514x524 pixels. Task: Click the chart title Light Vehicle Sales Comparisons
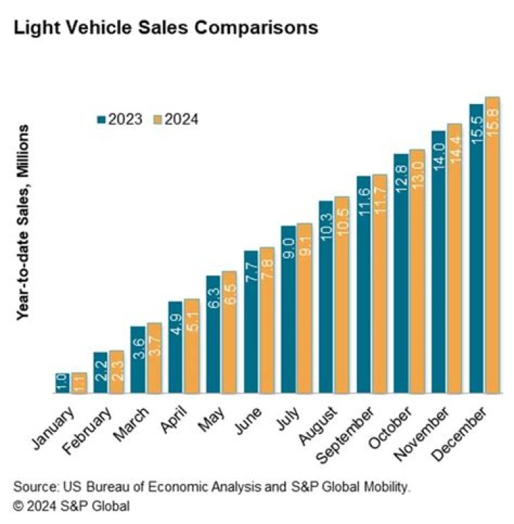pyautogui.click(x=166, y=27)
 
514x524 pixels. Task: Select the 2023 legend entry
pyautogui.click(x=120, y=119)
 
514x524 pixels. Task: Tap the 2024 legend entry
pyautogui.click(x=176, y=119)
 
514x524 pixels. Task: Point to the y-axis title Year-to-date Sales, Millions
pyautogui.click(x=23, y=223)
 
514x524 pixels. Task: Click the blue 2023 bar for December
pyautogui.click(x=476, y=248)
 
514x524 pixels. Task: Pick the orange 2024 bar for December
pyautogui.click(x=493, y=245)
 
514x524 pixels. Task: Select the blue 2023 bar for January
pyautogui.click(x=63, y=383)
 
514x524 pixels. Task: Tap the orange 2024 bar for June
pyautogui.click(x=267, y=320)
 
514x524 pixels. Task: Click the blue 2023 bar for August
pyautogui.click(x=326, y=297)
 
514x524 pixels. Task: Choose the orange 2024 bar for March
pyautogui.click(x=154, y=358)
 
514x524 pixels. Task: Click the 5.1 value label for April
pyautogui.click(x=192, y=321)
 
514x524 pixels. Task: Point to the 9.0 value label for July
pyautogui.click(x=288, y=248)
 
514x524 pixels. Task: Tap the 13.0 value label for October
pyautogui.click(x=417, y=175)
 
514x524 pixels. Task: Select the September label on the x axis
pyautogui.click(x=345, y=435)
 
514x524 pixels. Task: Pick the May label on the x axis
pyautogui.click(x=211, y=420)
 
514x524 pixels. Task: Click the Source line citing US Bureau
pyautogui.click(x=211, y=487)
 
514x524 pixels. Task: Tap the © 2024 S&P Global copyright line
pyautogui.click(x=71, y=505)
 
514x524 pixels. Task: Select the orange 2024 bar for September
pyautogui.click(x=380, y=283)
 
